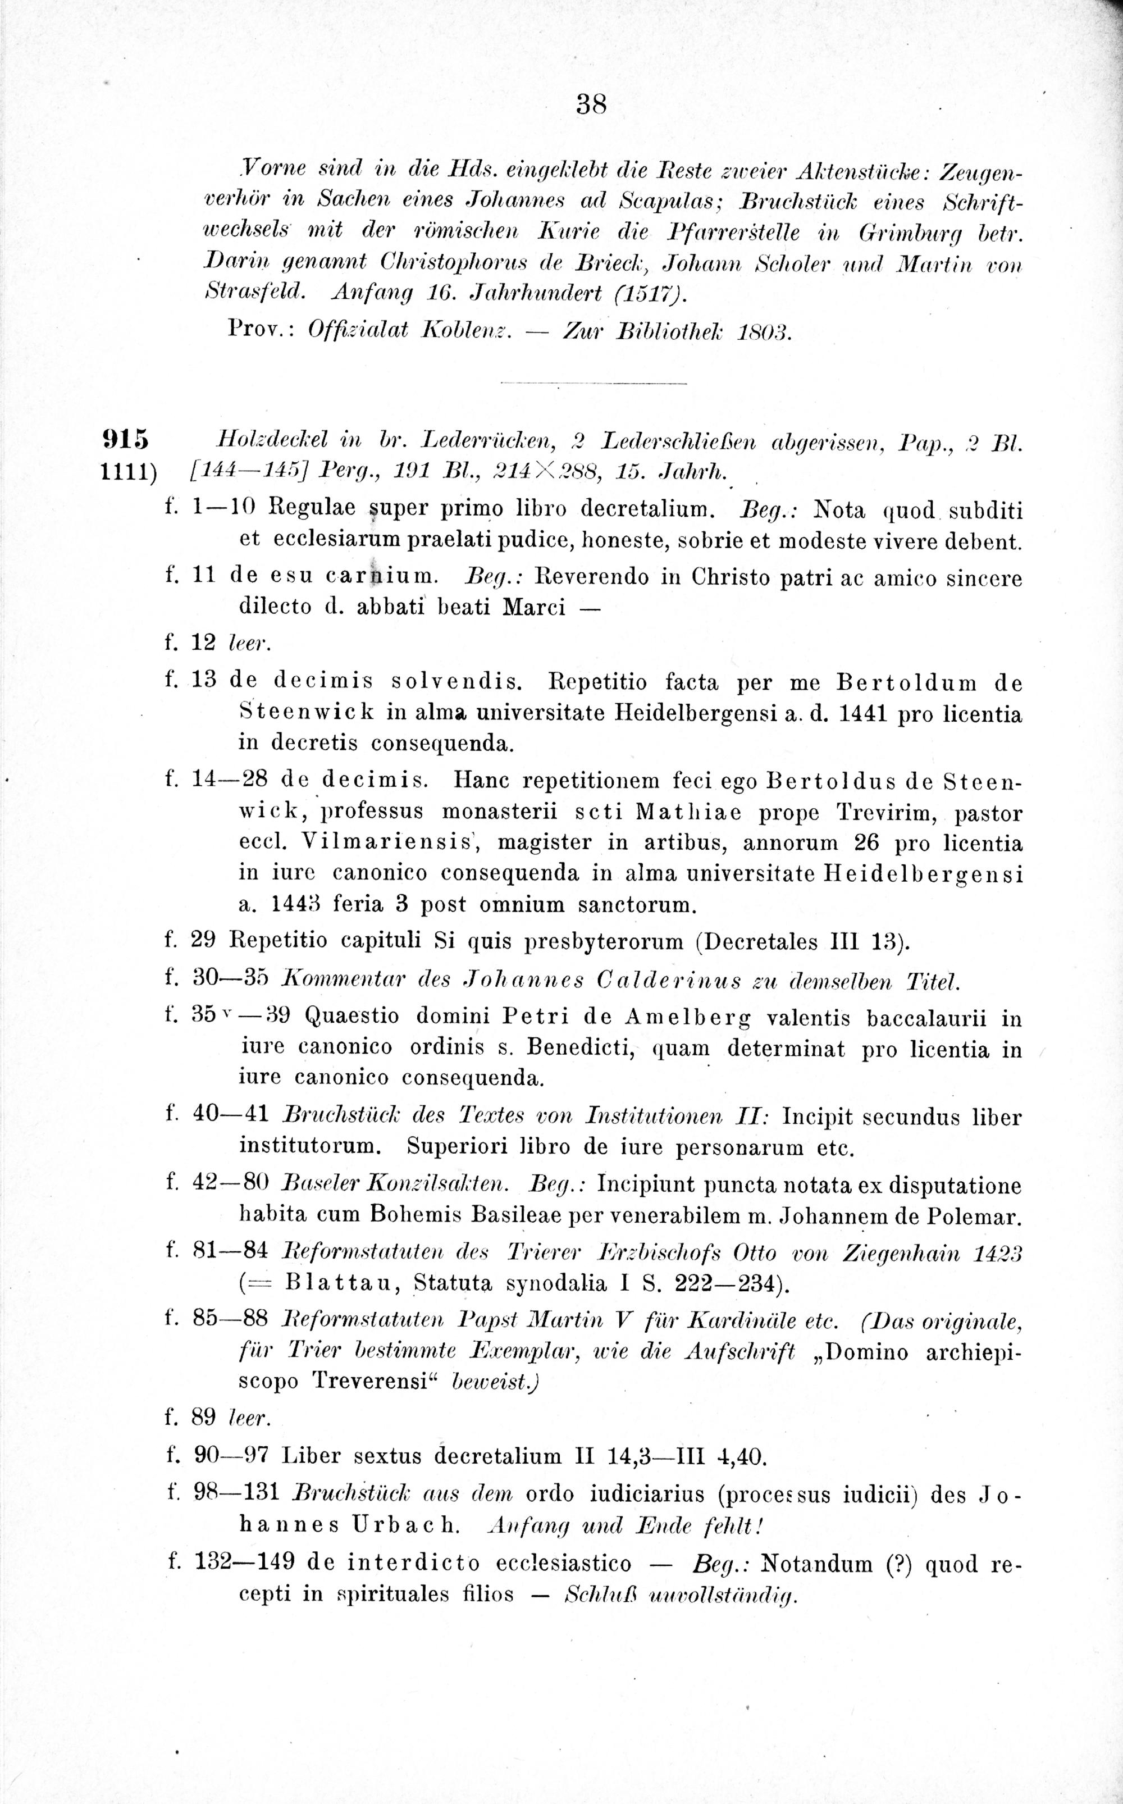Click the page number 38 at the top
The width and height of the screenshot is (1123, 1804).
coord(591,104)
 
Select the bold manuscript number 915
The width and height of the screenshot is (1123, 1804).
coord(124,440)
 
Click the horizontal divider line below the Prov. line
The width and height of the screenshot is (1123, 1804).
coord(594,383)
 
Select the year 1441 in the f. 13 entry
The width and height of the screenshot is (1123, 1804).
coord(861,714)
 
